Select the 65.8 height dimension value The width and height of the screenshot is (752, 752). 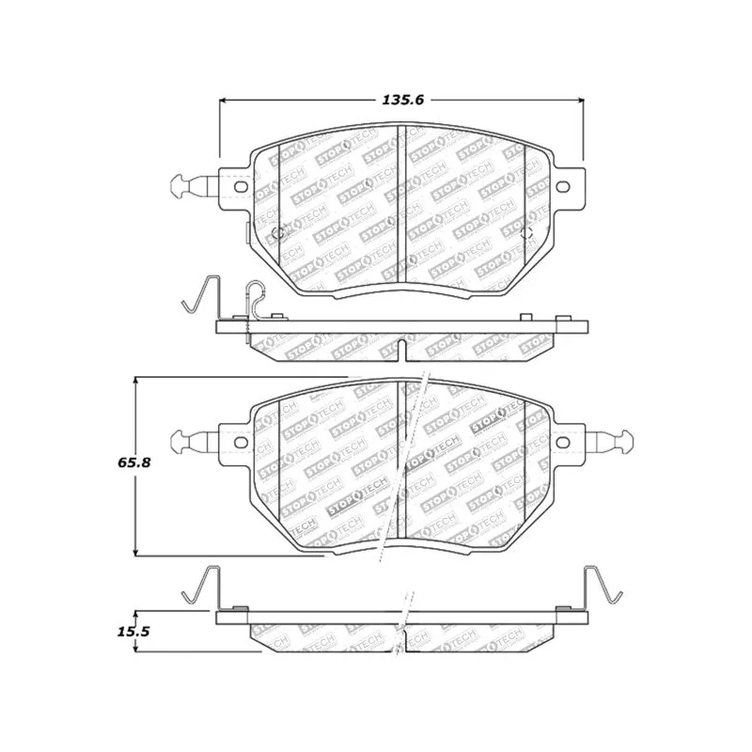click(x=134, y=462)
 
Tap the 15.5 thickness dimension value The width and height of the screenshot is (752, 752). click(x=133, y=632)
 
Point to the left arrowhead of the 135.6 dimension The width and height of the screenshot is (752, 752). click(x=224, y=100)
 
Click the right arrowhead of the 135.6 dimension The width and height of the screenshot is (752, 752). click(x=580, y=100)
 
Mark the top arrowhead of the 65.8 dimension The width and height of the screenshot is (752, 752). click(x=135, y=381)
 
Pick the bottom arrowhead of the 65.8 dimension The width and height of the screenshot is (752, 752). click(x=135, y=552)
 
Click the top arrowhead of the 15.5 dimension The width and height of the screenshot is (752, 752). click(x=135, y=615)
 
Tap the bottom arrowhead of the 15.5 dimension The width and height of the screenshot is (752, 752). click(x=135, y=648)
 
